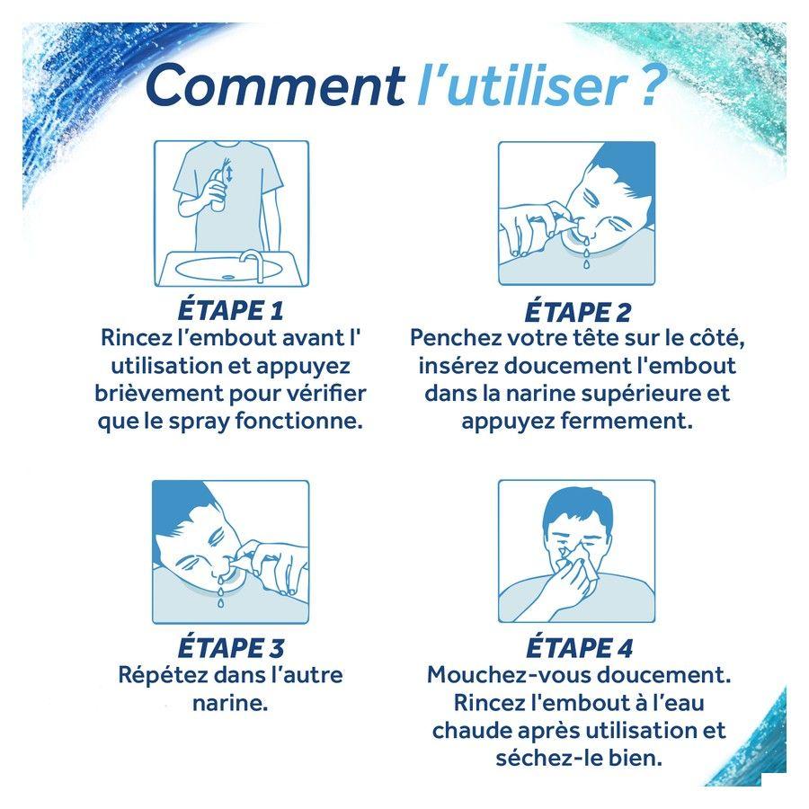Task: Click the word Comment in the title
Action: (274, 85)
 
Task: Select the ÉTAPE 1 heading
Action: (231, 310)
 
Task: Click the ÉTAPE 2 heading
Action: (578, 311)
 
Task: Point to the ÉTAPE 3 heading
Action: (231, 647)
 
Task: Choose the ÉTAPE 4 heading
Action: (579, 647)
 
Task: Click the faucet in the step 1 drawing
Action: (253, 263)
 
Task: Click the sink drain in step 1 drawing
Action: (227, 277)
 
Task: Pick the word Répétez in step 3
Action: (163, 675)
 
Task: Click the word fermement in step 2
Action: (627, 421)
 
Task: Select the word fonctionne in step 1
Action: (298, 421)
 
